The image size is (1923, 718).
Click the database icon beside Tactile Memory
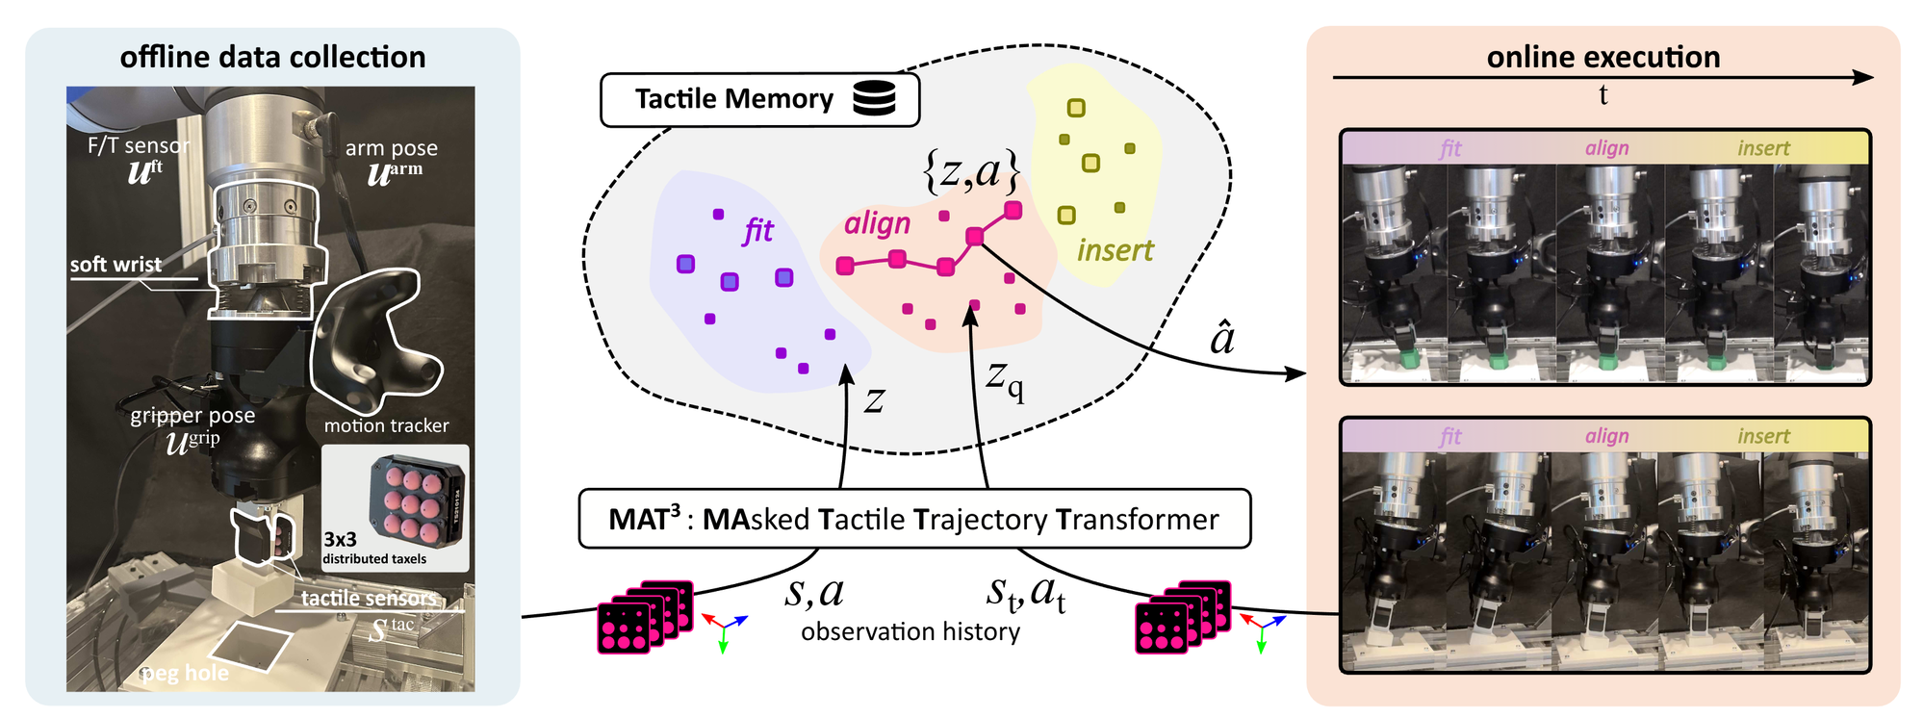(x=874, y=98)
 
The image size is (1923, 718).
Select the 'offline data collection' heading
(x=272, y=57)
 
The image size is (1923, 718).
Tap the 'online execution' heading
(x=1603, y=57)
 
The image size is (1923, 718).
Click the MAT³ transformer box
(x=914, y=519)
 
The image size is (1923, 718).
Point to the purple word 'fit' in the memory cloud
(x=758, y=230)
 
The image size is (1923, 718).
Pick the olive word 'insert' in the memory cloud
(x=1115, y=250)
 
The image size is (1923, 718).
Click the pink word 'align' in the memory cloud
(x=877, y=223)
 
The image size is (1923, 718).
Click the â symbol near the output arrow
(x=1221, y=338)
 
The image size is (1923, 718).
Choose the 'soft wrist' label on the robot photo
(x=115, y=264)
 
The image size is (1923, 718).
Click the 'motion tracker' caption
(x=386, y=425)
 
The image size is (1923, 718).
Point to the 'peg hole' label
(x=185, y=673)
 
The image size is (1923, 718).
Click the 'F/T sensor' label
(x=139, y=145)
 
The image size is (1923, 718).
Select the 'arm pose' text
(x=392, y=148)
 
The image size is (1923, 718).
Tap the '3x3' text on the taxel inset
(x=340, y=540)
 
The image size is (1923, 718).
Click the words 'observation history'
(x=910, y=631)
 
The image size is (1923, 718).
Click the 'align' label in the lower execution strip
(x=1607, y=436)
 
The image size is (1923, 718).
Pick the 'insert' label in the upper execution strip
(x=1763, y=148)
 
